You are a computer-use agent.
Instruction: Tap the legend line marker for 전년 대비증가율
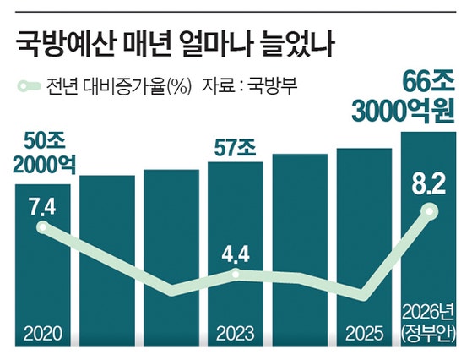click(x=30, y=85)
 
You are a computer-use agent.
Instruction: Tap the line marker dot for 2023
click(x=237, y=273)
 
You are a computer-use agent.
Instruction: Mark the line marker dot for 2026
click(x=431, y=212)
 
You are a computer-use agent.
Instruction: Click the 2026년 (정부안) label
click(x=431, y=321)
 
